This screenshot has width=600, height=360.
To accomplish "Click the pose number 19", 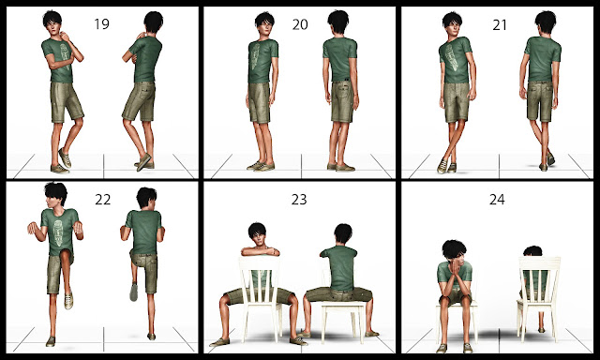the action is tap(101, 23).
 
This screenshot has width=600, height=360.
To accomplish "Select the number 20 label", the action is tap(300, 24).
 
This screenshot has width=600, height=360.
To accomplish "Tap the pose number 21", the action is tap(500, 25).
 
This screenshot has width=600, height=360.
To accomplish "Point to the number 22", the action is tap(102, 200).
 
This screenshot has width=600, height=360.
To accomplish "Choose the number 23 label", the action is tap(299, 200).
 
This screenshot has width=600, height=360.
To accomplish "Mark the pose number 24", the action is tap(497, 200).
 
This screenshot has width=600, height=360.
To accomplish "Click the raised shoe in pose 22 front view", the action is tap(68, 300).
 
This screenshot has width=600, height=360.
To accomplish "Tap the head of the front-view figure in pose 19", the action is tap(52, 22).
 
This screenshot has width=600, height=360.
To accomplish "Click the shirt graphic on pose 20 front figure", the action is tap(255, 56).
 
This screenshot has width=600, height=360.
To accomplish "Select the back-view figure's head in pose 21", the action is tap(545, 23).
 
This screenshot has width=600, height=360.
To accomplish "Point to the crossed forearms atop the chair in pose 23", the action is tap(261, 251).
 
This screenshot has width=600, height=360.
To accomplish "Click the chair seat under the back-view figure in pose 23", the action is tap(343, 304).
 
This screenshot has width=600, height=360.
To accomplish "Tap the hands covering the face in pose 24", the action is tap(455, 269).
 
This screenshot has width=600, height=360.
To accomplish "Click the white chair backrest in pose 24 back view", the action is tap(539, 278).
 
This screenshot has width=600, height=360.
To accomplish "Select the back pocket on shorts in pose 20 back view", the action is tap(344, 92).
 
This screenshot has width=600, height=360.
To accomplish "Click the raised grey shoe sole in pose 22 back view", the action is tap(133, 292).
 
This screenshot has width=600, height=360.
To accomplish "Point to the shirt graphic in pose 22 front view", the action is tap(58, 232).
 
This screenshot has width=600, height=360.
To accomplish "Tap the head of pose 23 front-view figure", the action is tap(257, 235).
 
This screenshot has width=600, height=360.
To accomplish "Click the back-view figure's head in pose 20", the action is tap(338, 22).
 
